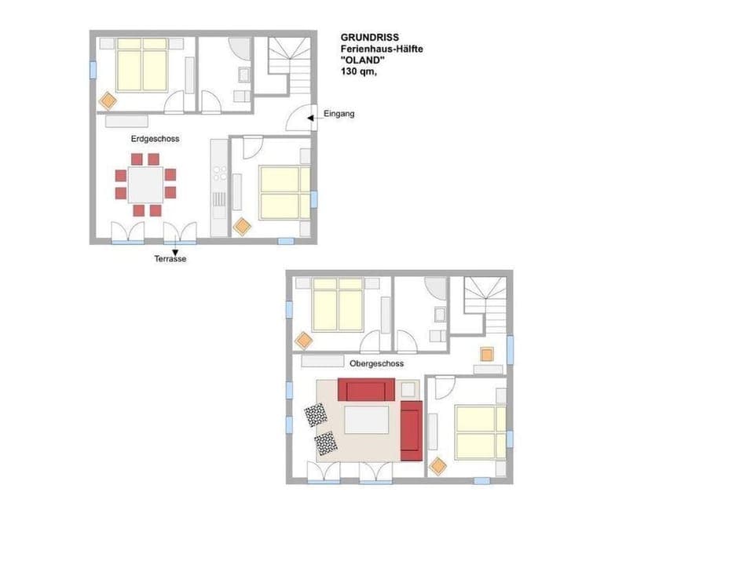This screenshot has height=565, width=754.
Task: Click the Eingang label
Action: pyautogui.click(x=339, y=114)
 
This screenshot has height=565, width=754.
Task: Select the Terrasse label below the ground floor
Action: pyautogui.click(x=170, y=259)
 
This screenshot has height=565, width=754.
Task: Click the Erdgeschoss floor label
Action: pyautogui.click(x=155, y=139)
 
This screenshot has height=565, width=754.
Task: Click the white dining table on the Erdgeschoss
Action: pyautogui.click(x=145, y=184)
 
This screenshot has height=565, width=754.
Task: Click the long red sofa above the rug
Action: pyautogui.click(x=366, y=390)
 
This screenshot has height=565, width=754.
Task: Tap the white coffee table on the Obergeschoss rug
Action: pyautogui.click(x=366, y=419)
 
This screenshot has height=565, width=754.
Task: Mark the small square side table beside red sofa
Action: pyautogui.click(x=408, y=389)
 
